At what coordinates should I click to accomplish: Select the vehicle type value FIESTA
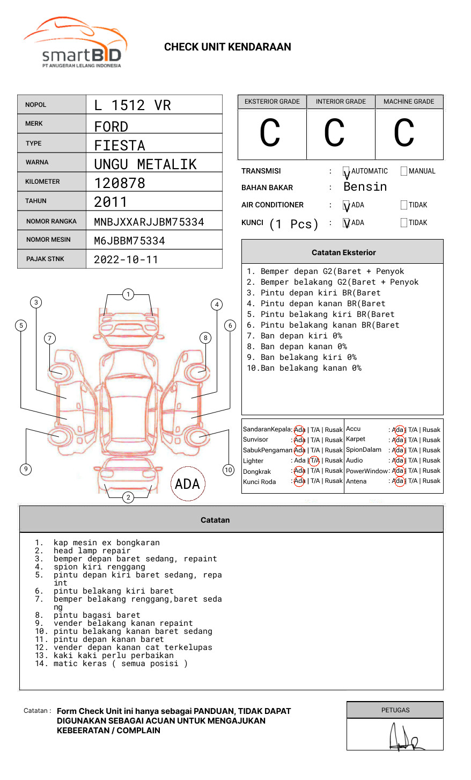coord(120,146)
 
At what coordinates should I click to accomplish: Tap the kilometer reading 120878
coord(120,183)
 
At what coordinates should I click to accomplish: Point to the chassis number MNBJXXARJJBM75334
coord(149,222)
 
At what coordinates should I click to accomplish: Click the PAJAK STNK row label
coord(45,259)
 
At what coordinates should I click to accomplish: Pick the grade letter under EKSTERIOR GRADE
coord(270,133)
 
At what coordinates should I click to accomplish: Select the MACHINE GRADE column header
coord(409,102)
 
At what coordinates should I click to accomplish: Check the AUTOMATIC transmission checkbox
coord(347,172)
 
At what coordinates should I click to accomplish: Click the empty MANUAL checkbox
coord(404,171)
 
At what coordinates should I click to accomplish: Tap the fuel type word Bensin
coord(365,187)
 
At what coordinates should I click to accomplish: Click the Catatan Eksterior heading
coord(343,252)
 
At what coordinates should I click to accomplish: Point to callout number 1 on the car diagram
coord(128,294)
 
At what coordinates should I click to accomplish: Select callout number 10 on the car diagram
coord(229,470)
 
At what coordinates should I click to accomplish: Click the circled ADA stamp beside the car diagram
coord(187,484)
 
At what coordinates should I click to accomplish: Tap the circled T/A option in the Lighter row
coord(314,460)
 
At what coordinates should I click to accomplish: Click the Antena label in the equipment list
coord(356,481)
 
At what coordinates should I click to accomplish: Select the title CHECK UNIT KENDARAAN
coord(227,47)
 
